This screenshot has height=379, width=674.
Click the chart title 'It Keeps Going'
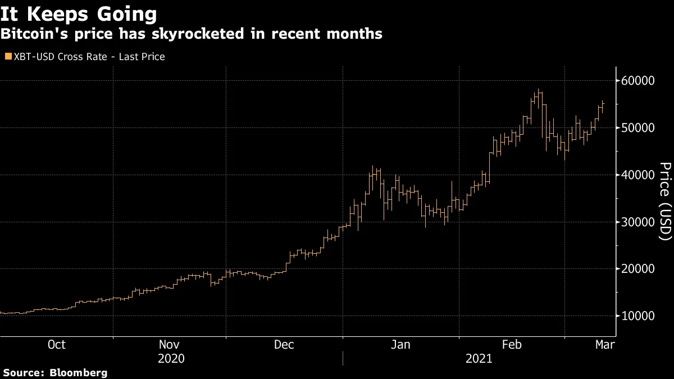(79, 13)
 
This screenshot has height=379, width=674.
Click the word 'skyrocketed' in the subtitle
(199, 34)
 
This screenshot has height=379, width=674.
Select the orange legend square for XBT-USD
(8, 57)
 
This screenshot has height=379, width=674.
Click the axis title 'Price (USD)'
(665, 202)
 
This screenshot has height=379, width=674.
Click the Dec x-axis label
(284, 345)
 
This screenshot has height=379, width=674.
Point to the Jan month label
(400, 345)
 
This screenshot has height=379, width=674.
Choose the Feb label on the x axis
(512, 345)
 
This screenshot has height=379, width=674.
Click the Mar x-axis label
(604, 345)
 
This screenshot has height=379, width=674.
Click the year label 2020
(171, 358)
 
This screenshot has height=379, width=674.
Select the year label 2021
(479, 358)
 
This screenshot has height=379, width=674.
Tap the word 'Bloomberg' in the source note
(79, 373)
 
